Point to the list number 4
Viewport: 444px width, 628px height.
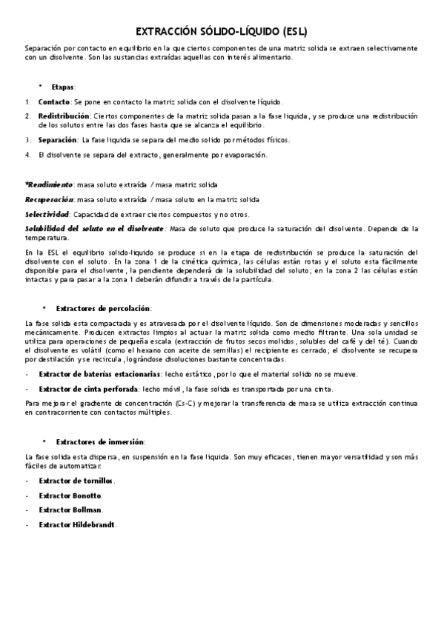27,155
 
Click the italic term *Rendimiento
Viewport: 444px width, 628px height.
49,184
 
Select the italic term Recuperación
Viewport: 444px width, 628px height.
49,199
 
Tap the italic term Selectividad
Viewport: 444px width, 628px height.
47,214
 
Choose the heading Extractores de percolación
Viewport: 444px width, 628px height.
103,307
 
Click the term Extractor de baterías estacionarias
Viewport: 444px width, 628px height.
98,374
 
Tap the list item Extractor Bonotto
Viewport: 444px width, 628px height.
70,495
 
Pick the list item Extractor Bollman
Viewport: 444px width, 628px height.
70,510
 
